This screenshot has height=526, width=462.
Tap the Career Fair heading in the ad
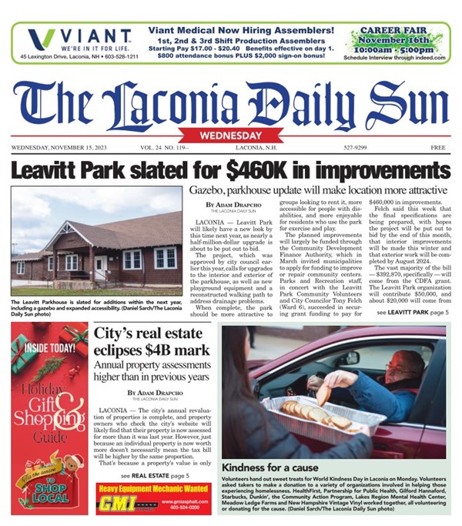click(398, 34)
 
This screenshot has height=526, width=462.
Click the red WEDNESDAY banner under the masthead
click(231, 136)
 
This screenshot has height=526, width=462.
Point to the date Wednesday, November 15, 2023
click(65, 147)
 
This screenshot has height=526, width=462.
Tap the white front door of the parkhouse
click(101, 267)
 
